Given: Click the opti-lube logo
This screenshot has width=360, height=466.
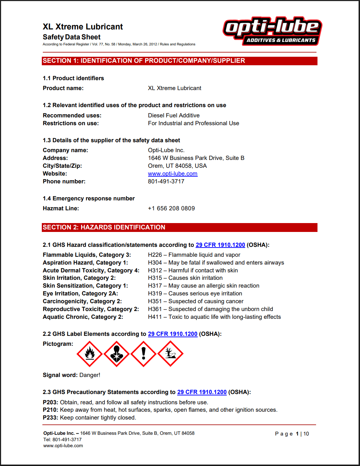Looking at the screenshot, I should pyautogui.click(x=272, y=31).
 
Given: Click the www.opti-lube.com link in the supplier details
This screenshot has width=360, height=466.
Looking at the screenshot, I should pyautogui.click(x=173, y=174).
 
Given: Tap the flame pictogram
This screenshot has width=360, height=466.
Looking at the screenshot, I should pyautogui.click(x=90, y=354).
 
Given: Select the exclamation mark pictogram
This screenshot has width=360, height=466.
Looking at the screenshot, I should pyautogui.click(x=144, y=354).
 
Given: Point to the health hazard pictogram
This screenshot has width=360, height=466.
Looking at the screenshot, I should pyautogui.click(x=117, y=354).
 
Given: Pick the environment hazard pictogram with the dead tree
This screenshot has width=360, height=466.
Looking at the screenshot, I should pyautogui.click(x=170, y=354).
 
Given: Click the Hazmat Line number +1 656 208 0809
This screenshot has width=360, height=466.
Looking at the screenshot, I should pyautogui.click(x=171, y=209).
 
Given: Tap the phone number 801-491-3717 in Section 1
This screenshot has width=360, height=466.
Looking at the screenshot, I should pyautogui.click(x=166, y=182).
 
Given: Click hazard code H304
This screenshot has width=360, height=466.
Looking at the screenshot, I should pyautogui.click(x=155, y=263).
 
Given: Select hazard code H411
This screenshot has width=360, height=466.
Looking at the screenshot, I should pyautogui.click(x=155, y=317).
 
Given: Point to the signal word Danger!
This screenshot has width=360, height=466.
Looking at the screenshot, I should pyautogui.click(x=90, y=375).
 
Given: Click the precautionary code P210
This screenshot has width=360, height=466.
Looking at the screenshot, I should pyautogui.click(x=50, y=410).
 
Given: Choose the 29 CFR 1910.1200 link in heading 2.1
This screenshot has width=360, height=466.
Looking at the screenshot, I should pyautogui.click(x=220, y=245).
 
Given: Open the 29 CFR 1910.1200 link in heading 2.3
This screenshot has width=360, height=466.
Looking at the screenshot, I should pyautogui.click(x=202, y=392).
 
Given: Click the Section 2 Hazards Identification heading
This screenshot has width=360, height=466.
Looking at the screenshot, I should pyautogui.click(x=104, y=227).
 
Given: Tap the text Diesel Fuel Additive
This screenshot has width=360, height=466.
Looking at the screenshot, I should pyautogui.click(x=174, y=116).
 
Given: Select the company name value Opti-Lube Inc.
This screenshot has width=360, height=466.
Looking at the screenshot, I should pyautogui.click(x=166, y=150).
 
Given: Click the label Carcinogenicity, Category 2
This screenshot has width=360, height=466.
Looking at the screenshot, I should pyautogui.click(x=82, y=301).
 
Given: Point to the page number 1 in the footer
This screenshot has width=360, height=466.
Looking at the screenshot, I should pyautogui.click(x=297, y=434).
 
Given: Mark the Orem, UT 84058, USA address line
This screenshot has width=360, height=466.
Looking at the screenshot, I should pyautogui.click(x=177, y=166).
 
